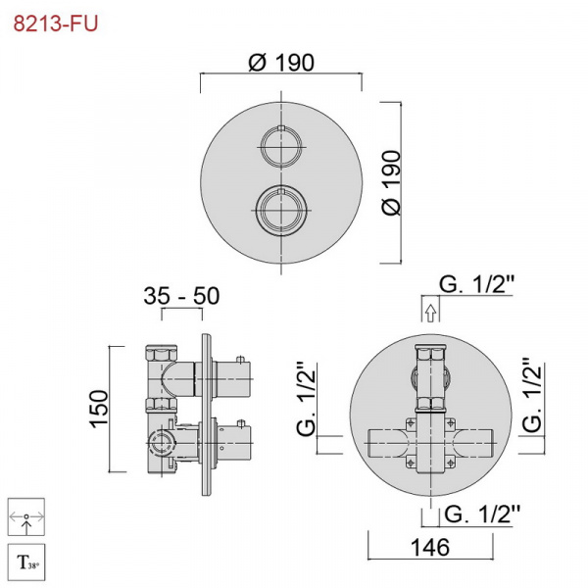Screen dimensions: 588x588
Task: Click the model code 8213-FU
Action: click(56, 24)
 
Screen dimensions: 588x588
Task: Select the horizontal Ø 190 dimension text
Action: click(281, 63)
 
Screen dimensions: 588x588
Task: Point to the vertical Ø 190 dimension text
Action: click(391, 182)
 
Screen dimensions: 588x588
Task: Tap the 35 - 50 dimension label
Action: click(181, 296)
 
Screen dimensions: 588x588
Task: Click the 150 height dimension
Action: click(99, 409)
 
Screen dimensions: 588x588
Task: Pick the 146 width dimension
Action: click(430, 547)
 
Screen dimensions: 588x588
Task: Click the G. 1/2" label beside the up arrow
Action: click(476, 284)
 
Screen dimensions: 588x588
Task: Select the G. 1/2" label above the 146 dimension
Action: click(482, 514)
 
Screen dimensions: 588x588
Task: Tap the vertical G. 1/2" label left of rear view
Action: click(307, 399)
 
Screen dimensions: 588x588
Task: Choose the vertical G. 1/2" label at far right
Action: click(532, 395)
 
